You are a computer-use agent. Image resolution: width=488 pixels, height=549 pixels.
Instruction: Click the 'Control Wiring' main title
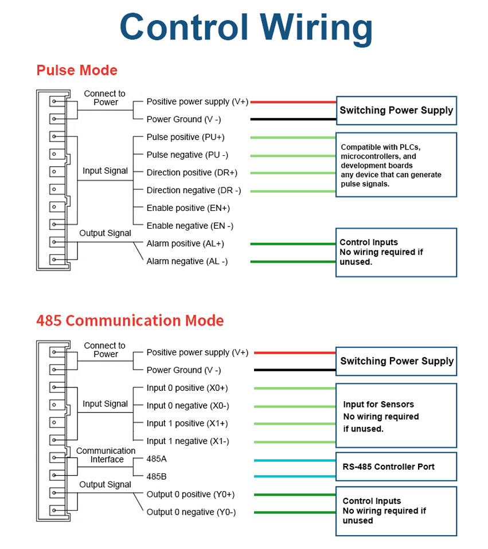[x=246, y=28]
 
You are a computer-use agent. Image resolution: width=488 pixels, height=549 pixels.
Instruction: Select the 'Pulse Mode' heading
[x=77, y=70]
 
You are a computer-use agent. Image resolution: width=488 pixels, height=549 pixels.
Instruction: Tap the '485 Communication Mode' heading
[x=130, y=320]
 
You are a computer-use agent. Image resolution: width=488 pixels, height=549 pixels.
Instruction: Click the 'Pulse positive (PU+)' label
[x=185, y=137]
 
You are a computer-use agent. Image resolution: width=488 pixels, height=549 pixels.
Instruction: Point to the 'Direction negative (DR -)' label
[x=193, y=190]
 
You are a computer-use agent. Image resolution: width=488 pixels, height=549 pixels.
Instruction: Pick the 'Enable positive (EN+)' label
[x=188, y=208]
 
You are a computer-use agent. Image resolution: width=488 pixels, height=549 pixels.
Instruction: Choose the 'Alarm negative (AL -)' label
[x=187, y=261]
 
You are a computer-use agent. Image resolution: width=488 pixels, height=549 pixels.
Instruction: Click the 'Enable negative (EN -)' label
[x=190, y=226]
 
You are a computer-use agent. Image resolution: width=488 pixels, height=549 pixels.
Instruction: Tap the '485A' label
[x=157, y=459]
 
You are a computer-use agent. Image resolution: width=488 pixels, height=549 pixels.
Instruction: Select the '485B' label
[x=157, y=476]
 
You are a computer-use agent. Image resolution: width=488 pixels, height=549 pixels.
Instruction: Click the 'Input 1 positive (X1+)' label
[x=187, y=423]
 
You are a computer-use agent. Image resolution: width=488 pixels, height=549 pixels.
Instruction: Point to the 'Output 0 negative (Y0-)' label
[x=191, y=512]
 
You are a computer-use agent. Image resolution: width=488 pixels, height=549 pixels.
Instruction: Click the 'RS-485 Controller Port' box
[x=396, y=467]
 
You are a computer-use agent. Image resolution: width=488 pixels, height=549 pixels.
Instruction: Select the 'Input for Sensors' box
[x=396, y=416]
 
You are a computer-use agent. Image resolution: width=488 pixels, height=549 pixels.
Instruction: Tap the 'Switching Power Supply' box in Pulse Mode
[x=396, y=111]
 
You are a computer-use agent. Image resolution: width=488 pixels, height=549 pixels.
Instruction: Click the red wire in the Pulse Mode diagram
[x=292, y=103]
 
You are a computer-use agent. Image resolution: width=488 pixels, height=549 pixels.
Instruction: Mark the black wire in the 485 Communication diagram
[x=294, y=370]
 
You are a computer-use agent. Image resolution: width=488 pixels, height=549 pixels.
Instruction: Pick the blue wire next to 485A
[x=294, y=460]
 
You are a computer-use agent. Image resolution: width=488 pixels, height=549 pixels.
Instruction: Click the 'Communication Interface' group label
[x=106, y=455]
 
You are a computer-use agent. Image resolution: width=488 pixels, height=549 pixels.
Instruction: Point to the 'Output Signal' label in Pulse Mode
[x=105, y=233]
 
